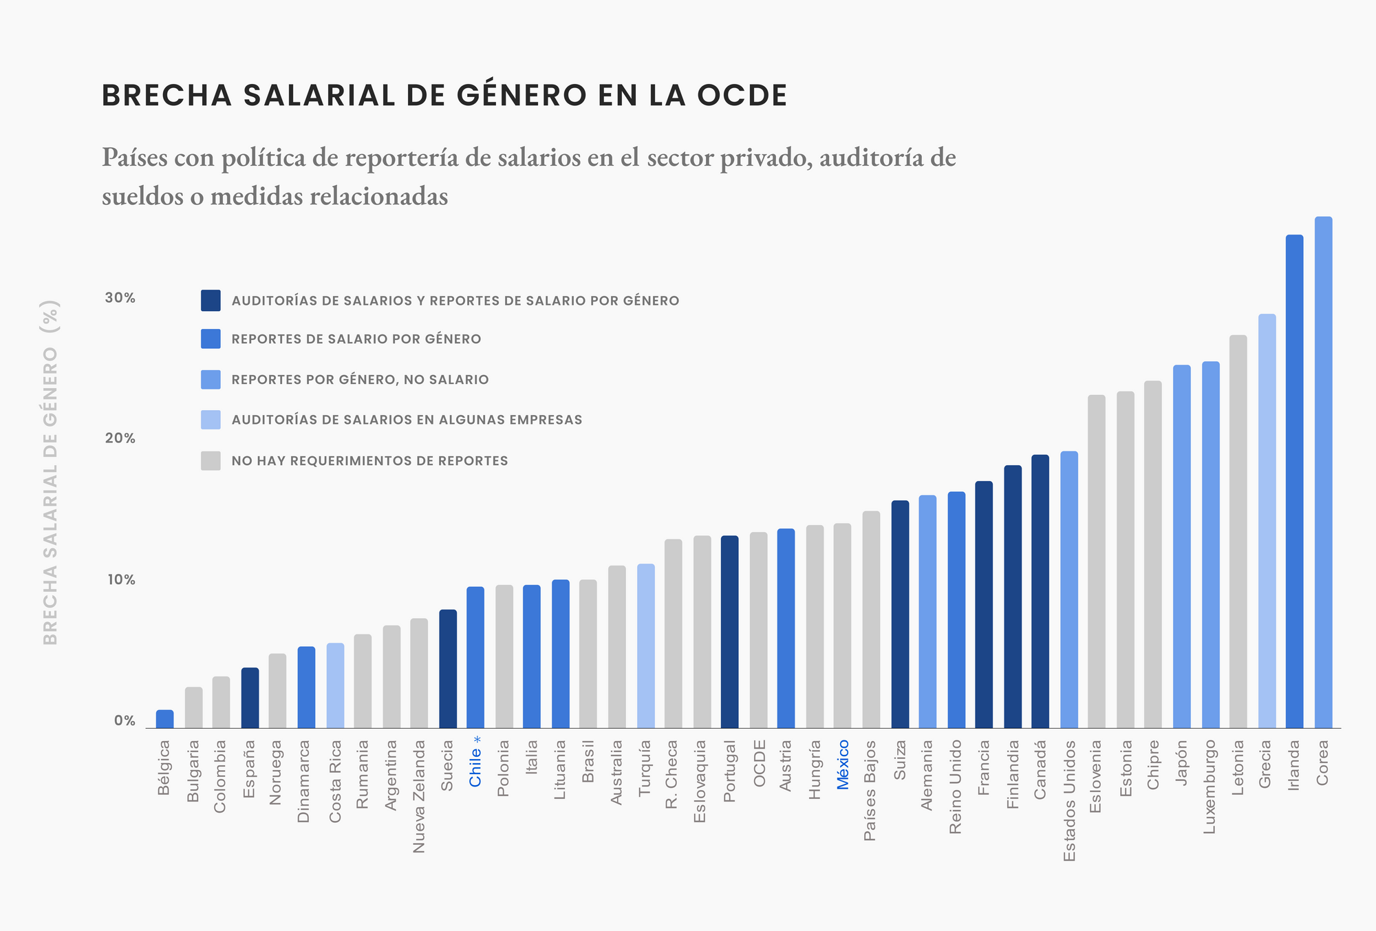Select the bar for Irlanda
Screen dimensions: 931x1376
[1294, 482]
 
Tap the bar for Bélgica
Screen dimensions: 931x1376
[164, 719]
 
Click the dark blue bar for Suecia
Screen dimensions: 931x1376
[448, 669]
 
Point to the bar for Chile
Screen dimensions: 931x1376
[475, 657]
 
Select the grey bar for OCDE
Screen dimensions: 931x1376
[758, 630]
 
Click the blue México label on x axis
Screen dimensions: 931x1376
[843, 764]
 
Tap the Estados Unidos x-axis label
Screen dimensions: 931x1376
[1069, 800]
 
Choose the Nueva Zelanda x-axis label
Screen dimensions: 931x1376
[419, 796]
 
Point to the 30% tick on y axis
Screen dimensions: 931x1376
[120, 298]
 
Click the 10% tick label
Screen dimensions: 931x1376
[120, 579]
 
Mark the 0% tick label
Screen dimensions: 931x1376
[124, 721]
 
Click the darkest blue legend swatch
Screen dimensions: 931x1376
[211, 300]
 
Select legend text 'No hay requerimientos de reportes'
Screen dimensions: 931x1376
[369, 461]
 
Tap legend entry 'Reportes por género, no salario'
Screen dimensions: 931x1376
[360, 380]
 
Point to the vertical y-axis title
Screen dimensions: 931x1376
[51, 472]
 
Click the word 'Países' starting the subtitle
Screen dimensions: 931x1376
[134, 158]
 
